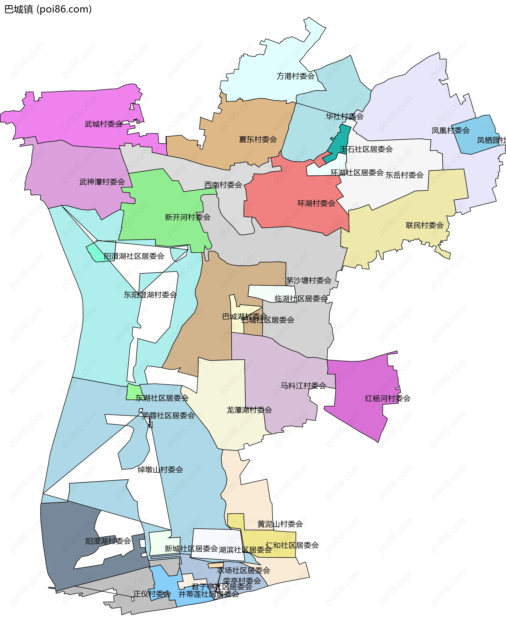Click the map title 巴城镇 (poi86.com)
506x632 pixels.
click(48, 9)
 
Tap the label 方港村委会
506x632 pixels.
click(295, 76)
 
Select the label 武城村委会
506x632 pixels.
click(103, 124)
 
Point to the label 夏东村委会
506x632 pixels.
click(258, 139)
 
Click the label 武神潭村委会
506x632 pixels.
click(102, 182)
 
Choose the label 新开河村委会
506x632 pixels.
click(188, 217)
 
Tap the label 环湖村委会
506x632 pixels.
click(316, 204)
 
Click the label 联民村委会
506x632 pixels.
click(425, 225)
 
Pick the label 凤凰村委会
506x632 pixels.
click(450, 131)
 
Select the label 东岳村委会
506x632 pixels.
click(404, 175)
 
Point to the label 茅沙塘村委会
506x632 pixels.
click(309, 281)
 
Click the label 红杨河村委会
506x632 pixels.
click(387, 398)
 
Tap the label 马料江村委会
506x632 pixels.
click(303, 386)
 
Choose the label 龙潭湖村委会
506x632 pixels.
click(249, 410)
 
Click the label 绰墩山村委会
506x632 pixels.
click(160, 470)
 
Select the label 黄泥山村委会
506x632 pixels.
click(280, 524)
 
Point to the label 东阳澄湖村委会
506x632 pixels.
click(150, 295)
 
